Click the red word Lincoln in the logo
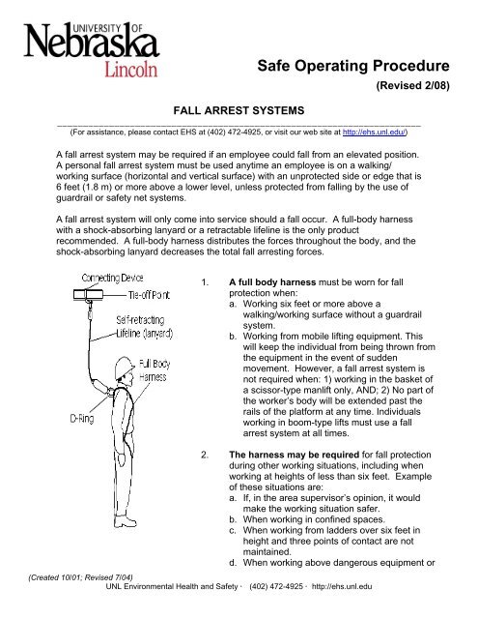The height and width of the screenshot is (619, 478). [130, 69]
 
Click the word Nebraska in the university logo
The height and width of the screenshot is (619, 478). [92, 41]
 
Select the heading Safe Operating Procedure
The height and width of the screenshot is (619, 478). [353, 66]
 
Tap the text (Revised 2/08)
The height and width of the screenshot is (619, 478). [412, 85]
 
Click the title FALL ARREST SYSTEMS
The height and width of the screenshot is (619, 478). [239, 110]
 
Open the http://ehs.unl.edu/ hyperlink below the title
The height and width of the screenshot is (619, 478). [374, 133]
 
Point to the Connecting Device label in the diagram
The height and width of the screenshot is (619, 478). [112, 278]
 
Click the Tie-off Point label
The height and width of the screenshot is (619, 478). [149, 295]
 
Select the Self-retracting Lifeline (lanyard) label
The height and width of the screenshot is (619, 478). [144, 327]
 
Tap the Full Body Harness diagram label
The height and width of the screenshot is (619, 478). [155, 370]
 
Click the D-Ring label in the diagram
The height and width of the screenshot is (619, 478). [82, 419]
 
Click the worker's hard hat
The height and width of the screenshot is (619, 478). [124, 368]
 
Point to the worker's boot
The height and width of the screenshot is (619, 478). [125, 521]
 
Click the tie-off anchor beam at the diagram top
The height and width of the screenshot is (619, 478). [88, 294]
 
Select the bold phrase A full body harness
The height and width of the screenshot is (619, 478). [272, 282]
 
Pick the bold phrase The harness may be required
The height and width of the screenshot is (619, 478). [294, 455]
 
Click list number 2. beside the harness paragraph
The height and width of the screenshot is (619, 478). [205, 455]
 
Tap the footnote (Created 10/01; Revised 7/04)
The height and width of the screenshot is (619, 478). [80, 577]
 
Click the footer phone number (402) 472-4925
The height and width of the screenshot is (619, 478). [276, 587]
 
